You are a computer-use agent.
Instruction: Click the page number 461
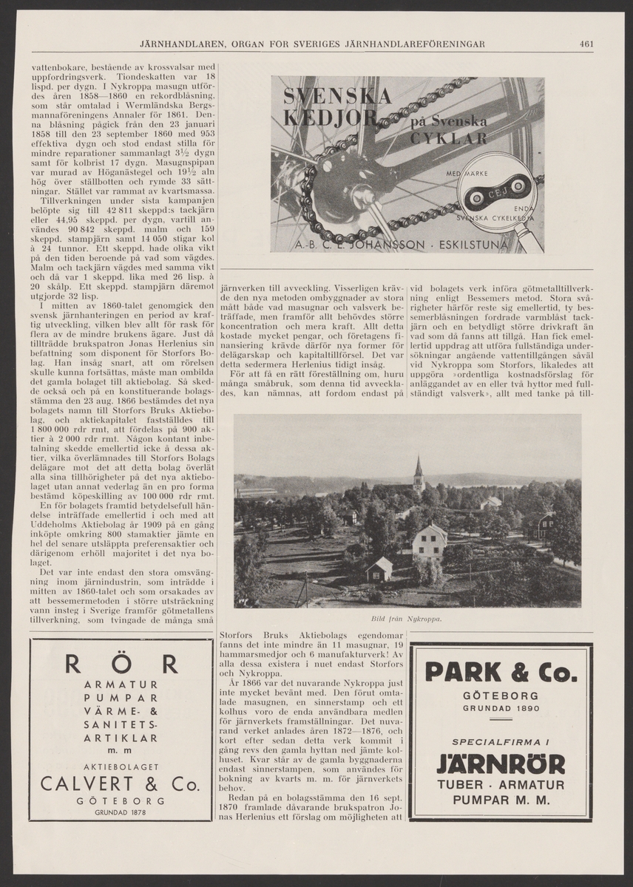click(587, 44)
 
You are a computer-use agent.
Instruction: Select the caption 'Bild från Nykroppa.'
click(404, 619)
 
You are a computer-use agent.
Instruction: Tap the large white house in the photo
click(429, 540)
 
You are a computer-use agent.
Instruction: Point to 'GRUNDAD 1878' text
click(121, 812)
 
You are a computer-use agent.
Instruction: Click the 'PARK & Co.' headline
click(501, 673)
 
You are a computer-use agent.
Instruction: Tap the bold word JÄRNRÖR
click(501, 764)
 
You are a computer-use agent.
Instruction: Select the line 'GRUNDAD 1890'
click(501, 708)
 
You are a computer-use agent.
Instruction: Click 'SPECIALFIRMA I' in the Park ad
click(501, 741)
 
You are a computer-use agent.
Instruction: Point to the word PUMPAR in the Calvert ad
click(121, 697)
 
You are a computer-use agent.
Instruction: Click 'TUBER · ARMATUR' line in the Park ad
click(501, 785)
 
